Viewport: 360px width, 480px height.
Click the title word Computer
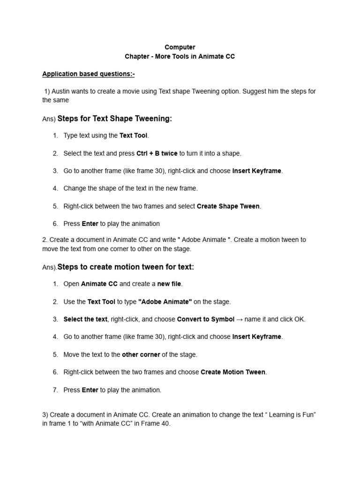(180, 47)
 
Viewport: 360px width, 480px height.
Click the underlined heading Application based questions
(88, 74)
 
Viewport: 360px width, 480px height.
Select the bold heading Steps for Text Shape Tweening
(114, 119)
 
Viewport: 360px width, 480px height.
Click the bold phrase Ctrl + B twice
(157, 153)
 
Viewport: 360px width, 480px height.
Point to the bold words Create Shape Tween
(228, 206)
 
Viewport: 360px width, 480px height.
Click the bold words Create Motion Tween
(233, 372)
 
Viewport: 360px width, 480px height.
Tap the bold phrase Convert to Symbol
(205, 320)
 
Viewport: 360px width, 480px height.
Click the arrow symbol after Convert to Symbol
(240, 320)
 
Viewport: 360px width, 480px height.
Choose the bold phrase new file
(169, 284)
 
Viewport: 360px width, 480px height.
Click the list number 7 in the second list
(55, 390)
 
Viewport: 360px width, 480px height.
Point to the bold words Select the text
(85, 320)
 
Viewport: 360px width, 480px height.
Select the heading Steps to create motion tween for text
(125, 267)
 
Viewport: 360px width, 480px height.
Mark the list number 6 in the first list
(55, 224)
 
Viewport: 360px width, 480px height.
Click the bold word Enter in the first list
(90, 224)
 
